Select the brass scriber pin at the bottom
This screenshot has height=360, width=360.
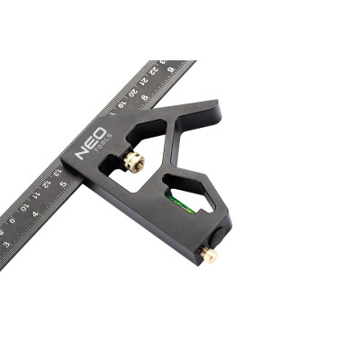click(209, 256)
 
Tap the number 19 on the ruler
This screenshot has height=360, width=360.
click(121, 102)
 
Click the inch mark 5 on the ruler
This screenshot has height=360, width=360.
click(63, 184)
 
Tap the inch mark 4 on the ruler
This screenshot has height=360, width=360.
click(35, 213)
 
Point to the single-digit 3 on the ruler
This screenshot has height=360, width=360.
click(6, 243)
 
